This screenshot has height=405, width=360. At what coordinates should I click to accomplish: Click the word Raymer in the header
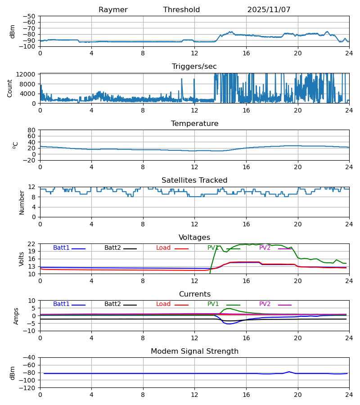pos(113,10)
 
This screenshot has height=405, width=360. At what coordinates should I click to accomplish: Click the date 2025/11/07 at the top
pos(269,10)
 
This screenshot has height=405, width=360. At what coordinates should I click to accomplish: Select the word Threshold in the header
pos(181,10)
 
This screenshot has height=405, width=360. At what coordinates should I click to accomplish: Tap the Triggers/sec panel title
pos(194,67)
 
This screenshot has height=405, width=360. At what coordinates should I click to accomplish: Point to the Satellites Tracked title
pos(194,180)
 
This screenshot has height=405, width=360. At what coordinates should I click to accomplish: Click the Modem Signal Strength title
pos(194,351)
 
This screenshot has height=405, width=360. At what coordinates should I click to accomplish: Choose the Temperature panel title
pos(194,124)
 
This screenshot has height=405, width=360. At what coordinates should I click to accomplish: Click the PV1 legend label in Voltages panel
pos(213,248)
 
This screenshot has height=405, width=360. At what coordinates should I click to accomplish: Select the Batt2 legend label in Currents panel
pos(112,304)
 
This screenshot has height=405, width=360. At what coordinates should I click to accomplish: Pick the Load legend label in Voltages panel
pos(163,248)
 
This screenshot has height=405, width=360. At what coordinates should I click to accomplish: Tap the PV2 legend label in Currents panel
pos(265,304)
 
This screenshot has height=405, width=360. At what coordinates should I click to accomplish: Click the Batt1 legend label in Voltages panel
pos(61,248)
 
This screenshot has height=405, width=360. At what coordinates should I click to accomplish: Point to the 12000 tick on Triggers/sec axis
pos(26,74)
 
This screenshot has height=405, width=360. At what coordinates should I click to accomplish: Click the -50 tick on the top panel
pos(30,16)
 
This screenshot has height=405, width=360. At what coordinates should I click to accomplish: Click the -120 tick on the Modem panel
pos(28,388)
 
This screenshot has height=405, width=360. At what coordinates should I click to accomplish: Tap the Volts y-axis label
pos(22,259)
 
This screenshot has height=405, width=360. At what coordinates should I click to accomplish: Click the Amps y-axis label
pos(17,316)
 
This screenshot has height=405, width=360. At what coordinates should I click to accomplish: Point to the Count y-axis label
pos(10,88)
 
